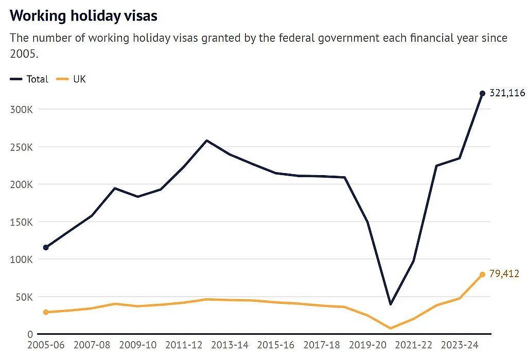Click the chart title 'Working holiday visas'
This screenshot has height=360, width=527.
83,16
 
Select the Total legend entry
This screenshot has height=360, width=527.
29,79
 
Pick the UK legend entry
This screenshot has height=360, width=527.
71,79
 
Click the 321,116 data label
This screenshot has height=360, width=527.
507,93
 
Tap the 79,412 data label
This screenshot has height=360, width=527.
504,273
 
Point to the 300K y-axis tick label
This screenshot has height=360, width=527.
22,110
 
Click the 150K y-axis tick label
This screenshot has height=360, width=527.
22,222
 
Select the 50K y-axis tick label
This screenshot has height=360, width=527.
25,297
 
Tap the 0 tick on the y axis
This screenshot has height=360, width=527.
30,334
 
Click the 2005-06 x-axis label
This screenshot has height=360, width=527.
46,345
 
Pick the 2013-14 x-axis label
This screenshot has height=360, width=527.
230,345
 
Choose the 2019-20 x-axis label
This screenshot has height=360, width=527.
367,345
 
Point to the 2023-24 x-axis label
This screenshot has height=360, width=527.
460,345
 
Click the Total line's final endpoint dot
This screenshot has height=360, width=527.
482,94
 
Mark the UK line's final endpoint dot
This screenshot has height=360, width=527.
482,275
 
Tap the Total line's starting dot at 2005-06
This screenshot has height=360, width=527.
46,248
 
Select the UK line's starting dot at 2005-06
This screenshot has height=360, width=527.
46,312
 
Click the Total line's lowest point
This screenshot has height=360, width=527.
391,304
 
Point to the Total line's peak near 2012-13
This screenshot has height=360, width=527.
207,141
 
